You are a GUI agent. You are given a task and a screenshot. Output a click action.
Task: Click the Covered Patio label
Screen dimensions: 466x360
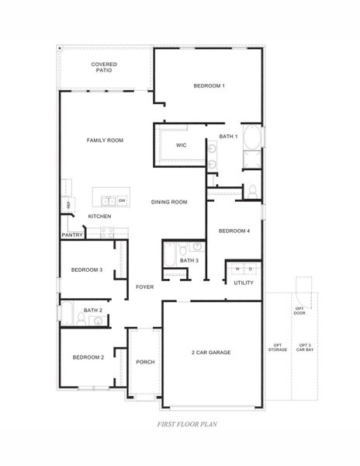104,67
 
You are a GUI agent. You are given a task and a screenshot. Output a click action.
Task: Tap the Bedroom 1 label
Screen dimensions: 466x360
209,85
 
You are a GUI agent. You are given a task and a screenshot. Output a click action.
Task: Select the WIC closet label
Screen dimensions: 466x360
181,145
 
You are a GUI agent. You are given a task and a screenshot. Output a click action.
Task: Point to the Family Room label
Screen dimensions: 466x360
105,141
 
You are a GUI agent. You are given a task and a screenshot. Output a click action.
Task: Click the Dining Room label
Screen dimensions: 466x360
169,202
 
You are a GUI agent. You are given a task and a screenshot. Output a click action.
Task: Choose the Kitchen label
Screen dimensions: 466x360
99,216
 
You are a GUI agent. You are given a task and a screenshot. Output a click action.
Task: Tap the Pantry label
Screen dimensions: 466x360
72,234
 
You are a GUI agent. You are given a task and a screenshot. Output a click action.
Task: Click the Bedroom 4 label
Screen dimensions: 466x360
234,231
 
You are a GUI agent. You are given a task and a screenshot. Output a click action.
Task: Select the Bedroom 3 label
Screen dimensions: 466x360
87,270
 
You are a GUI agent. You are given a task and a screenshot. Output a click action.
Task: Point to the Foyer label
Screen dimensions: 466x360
144,287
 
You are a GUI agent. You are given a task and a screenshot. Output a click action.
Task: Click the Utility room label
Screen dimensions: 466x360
244,283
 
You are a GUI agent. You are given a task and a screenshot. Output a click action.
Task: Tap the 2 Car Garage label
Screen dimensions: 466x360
211,352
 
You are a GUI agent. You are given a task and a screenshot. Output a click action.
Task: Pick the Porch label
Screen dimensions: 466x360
145,362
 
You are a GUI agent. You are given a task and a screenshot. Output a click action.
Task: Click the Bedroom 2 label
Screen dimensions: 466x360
88,357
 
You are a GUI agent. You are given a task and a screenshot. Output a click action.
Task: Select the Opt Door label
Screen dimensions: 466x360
299,311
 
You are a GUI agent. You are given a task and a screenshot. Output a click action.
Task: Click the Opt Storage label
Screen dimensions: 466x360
278,348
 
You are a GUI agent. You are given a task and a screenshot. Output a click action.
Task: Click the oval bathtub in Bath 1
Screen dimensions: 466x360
253,140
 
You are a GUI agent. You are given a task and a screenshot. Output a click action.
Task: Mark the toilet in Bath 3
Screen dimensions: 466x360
181,250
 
